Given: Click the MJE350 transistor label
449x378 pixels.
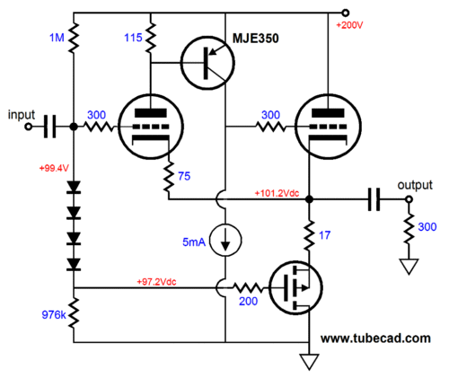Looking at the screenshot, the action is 256,39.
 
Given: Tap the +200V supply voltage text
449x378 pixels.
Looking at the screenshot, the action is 349,25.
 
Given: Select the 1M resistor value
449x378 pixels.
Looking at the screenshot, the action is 57,38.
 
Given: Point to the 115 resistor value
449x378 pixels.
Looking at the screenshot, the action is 133,38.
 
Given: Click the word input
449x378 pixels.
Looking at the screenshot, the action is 22,115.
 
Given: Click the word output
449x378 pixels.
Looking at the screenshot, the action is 415,185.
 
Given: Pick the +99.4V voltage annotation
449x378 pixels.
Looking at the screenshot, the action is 54,168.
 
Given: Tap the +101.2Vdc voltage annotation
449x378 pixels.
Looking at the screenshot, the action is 277,193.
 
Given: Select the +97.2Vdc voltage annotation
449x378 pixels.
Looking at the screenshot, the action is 156,282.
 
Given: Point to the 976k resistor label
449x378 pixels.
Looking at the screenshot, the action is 54,314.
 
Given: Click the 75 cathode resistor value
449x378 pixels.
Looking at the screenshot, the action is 184,176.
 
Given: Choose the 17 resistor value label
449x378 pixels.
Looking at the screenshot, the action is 324,235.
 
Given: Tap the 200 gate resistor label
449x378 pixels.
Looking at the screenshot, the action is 248,301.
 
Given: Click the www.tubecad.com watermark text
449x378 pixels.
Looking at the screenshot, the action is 375,338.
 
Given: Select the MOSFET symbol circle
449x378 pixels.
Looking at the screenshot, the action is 269,287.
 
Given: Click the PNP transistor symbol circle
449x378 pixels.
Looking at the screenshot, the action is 181,63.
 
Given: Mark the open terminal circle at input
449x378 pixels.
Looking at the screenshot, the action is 29,127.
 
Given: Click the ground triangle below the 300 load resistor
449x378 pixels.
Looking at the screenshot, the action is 409,266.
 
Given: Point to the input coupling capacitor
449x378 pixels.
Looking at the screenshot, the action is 49,127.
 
